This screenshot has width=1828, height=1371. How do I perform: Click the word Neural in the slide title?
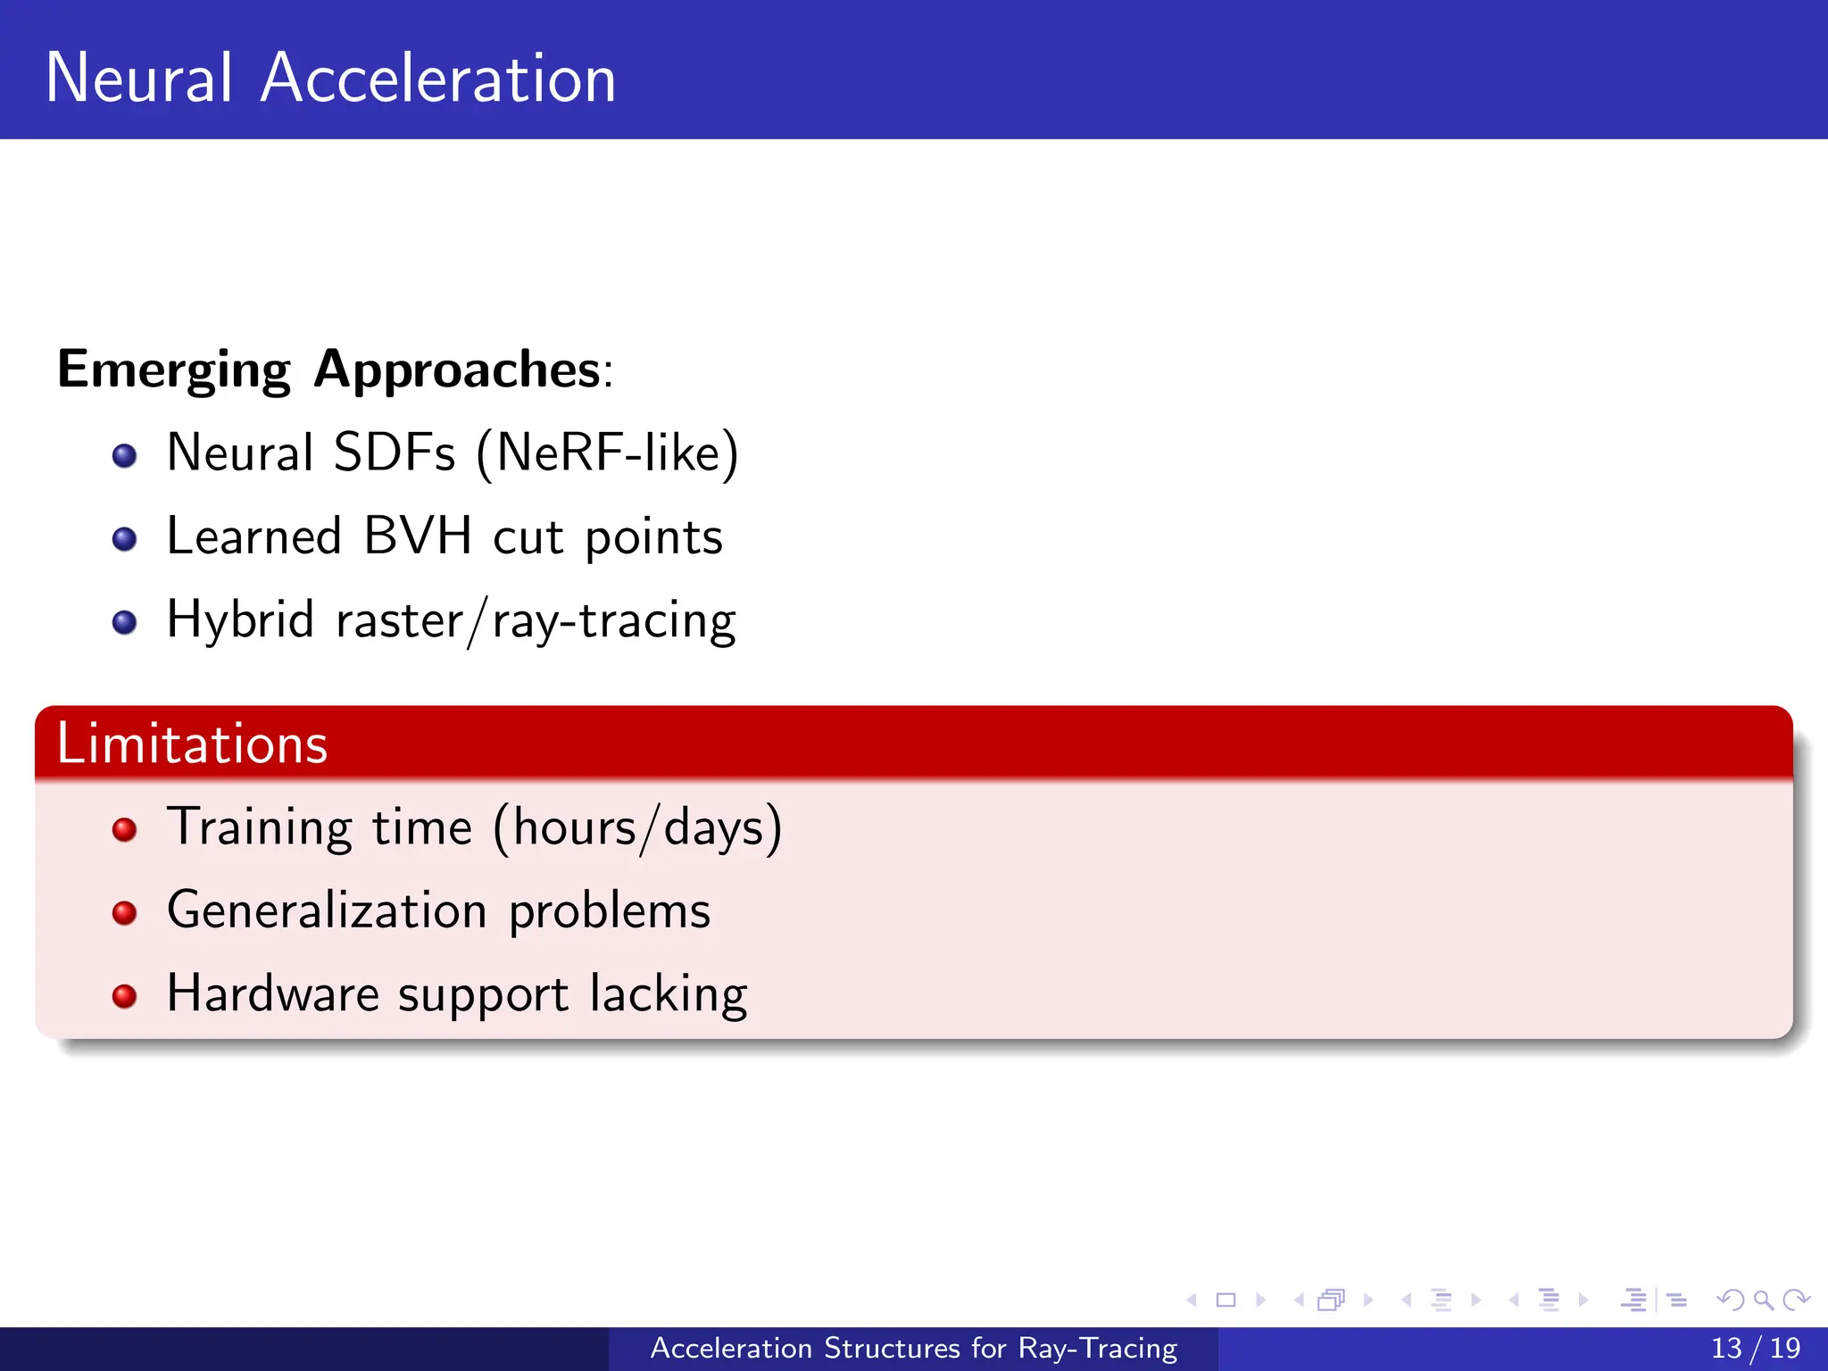point(139,79)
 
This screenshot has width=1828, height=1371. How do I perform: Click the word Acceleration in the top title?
point(437,79)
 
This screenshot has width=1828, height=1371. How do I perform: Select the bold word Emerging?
point(174,370)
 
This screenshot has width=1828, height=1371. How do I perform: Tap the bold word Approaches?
point(457,370)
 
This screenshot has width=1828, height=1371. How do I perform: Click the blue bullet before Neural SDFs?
point(125,456)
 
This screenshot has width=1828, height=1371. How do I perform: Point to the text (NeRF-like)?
point(607,453)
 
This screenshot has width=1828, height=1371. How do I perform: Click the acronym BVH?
point(417,536)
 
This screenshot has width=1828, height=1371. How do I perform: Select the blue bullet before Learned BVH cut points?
point(125,539)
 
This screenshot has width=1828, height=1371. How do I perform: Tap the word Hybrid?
point(240,619)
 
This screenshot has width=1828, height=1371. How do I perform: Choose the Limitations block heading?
point(192,744)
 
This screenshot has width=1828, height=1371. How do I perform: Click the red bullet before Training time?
point(125,830)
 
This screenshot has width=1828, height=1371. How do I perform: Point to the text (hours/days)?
point(637,827)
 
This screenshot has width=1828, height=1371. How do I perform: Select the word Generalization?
point(327,910)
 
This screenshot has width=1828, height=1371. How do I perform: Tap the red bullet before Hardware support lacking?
point(125,996)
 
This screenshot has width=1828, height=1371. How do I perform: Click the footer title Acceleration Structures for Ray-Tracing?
point(913,1348)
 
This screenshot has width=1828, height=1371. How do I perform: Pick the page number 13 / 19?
point(1755,1348)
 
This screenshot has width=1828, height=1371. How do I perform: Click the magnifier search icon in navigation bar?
point(1763,1300)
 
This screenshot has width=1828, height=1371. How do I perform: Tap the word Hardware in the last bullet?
point(273,993)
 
